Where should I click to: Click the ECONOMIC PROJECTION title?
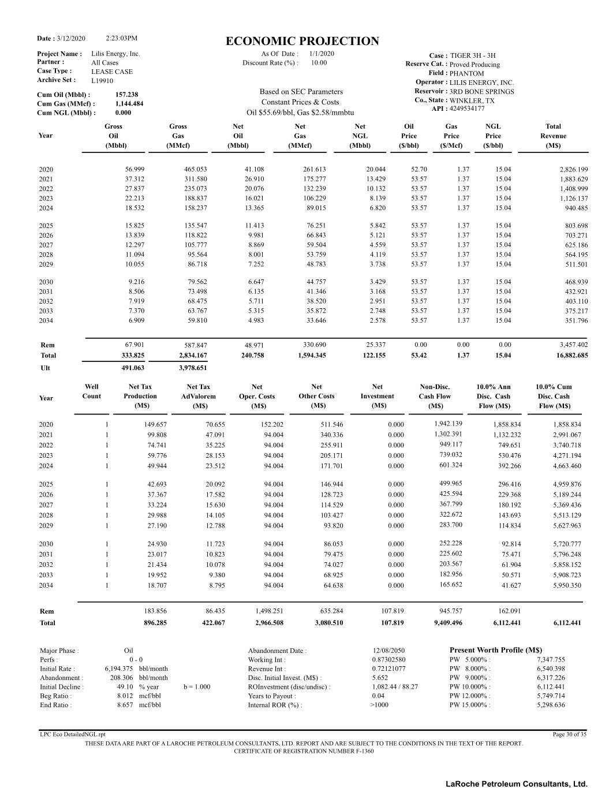(302, 41)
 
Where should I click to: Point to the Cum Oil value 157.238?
(126, 95)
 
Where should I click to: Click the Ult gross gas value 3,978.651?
(192, 368)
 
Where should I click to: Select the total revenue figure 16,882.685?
(572, 356)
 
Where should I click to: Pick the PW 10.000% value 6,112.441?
(551, 687)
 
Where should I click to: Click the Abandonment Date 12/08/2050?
(388, 651)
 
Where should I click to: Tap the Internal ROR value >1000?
(379, 705)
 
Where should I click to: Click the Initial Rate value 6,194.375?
(119, 669)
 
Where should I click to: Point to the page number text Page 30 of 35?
(569, 734)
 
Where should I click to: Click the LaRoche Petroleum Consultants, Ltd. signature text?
(516, 783)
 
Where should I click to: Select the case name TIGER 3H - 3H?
(472, 56)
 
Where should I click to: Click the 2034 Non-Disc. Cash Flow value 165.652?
(450, 585)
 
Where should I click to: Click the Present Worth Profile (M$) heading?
(495, 650)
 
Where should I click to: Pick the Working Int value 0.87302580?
(388, 660)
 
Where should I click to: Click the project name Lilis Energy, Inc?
(115, 54)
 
